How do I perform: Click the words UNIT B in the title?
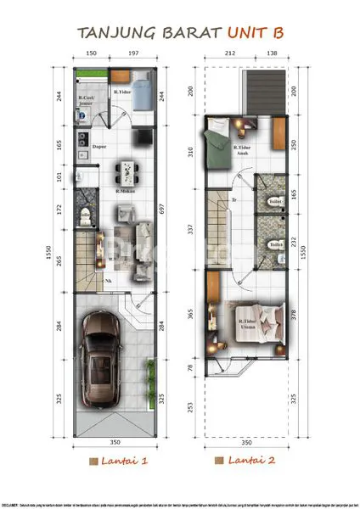click(x=254, y=32)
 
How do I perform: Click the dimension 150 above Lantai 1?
click(x=91, y=53)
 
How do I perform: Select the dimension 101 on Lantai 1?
click(x=59, y=177)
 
